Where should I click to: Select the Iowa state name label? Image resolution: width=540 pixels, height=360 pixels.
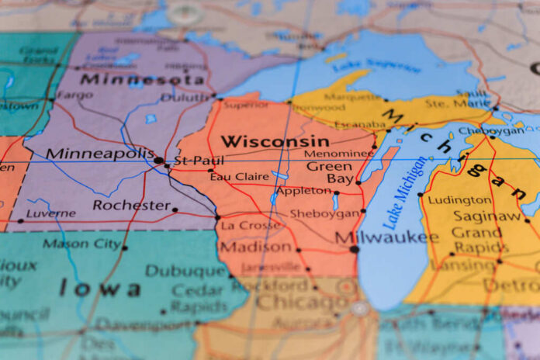click(x=102, y=289)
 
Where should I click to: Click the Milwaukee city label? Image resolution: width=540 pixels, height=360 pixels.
click(x=382, y=236)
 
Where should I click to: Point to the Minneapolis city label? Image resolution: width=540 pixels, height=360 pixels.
click(x=100, y=153)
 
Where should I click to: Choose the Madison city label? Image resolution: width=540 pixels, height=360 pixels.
click(x=255, y=246)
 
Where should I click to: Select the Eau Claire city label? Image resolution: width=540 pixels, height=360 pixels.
click(x=238, y=177)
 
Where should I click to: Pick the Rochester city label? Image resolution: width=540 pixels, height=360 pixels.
click(x=131, y=205)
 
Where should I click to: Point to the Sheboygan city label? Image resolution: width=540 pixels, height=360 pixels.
click(x=324, y=213)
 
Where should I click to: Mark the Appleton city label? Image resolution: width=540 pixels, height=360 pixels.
click(x=303, y=190)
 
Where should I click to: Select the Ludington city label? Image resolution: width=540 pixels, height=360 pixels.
click(x=460, y=199)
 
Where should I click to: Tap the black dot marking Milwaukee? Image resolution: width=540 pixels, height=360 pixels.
click(x=355, y=249)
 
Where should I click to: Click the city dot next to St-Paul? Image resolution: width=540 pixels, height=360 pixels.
click(x=159, y=161)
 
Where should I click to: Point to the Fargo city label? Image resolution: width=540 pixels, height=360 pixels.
click(x=74, y=95)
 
